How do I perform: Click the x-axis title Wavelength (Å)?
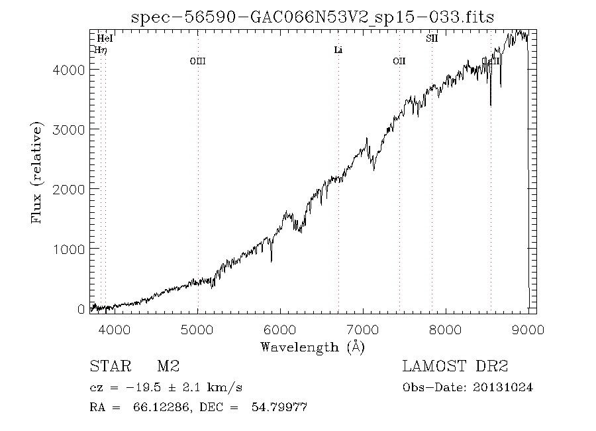coord(313,346)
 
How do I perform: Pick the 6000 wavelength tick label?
coord(280,330)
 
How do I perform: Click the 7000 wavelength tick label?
coord(363,330)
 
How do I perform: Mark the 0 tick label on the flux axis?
coord(81,308)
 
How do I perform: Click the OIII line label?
coord(197,61)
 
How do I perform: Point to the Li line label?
coord(338,50)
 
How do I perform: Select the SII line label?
coord(432,38)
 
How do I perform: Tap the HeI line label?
coord(105,38)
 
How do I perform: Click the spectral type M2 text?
coord(168,366)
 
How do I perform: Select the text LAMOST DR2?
coord(455,366)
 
